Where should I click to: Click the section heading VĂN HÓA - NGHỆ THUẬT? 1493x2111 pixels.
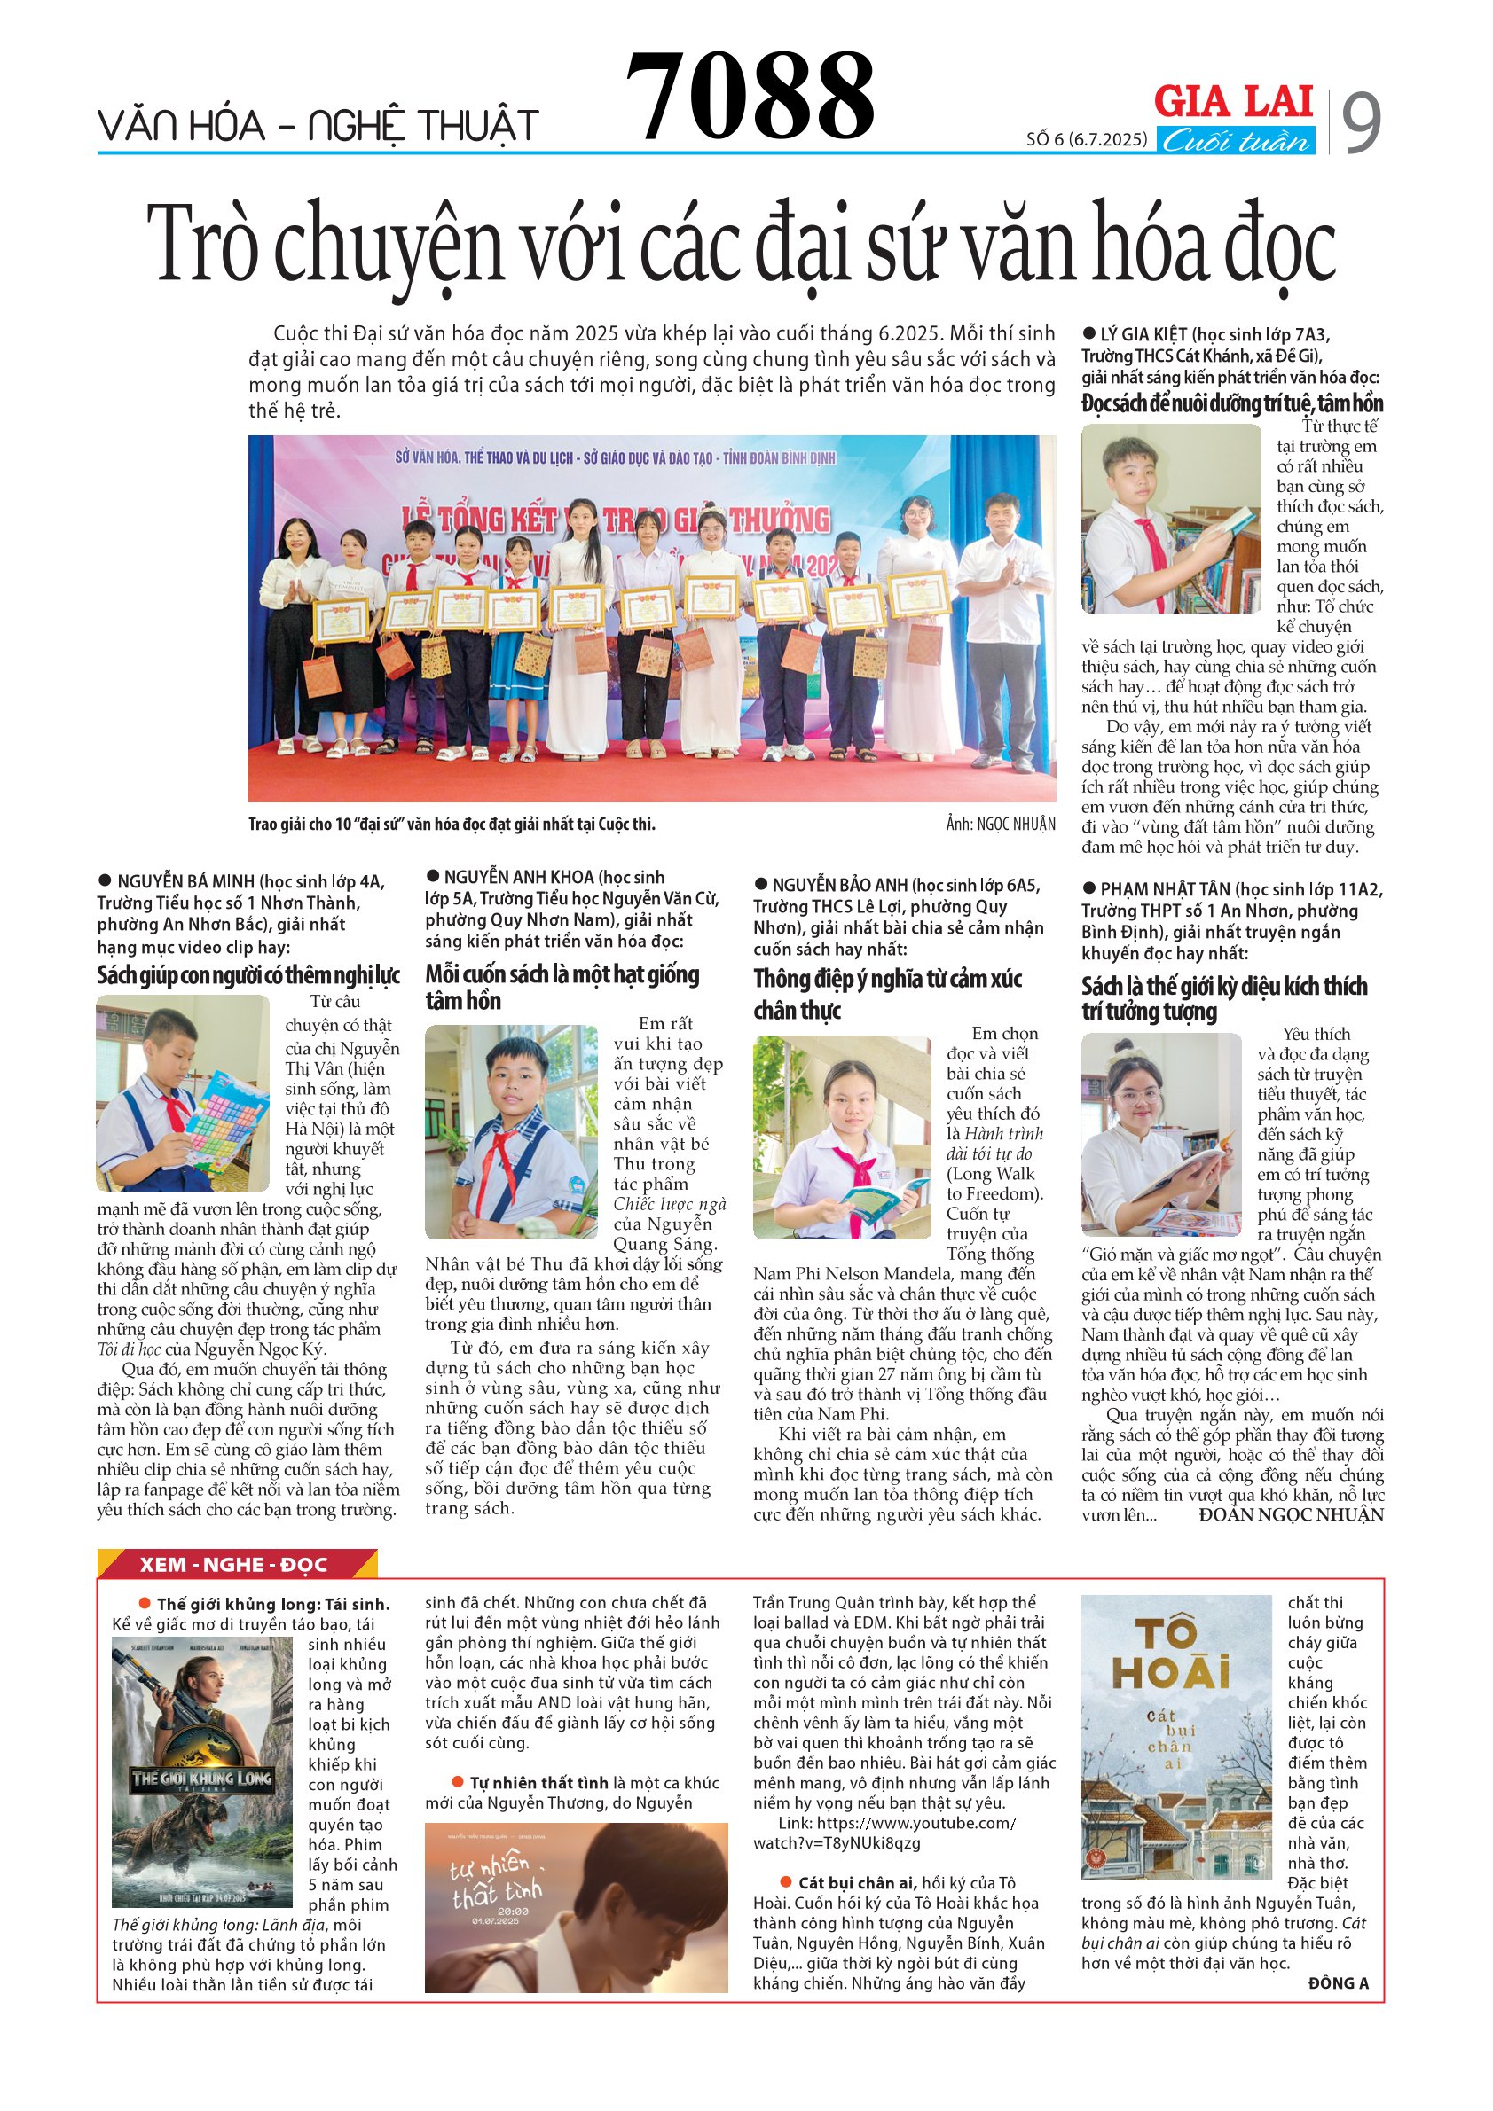coord(318,126)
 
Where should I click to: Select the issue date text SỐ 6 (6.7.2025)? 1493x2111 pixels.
coord(1087,140)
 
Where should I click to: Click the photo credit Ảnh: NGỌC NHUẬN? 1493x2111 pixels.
coord(1000,824)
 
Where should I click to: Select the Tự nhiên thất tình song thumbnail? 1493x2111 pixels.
coord(576,1907)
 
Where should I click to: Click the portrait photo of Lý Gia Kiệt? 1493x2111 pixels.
coord(1170,519)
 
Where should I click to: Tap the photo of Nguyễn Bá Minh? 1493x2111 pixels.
coord(183,1093)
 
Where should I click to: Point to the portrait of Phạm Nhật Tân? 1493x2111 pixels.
coord(1161,1134)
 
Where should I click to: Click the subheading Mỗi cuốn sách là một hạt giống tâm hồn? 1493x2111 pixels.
coord(562,988)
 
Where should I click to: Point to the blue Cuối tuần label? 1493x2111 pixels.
coord(1235,141)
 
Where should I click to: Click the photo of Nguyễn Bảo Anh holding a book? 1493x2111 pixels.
coord(842,1137)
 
